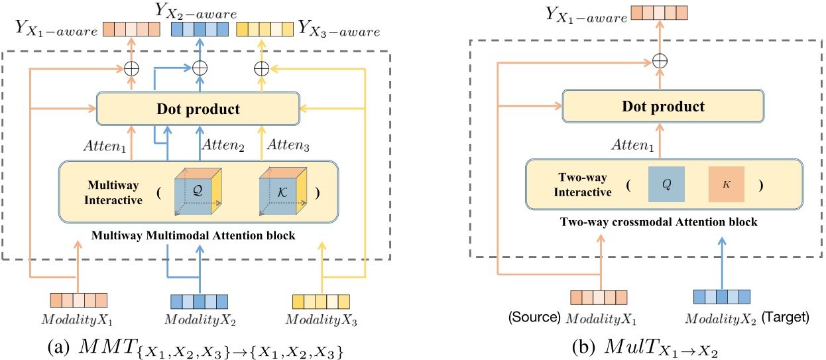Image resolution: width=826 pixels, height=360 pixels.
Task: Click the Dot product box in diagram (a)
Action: click(198, 108)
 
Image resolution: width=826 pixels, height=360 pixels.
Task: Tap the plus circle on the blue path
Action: click(198, 67)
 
